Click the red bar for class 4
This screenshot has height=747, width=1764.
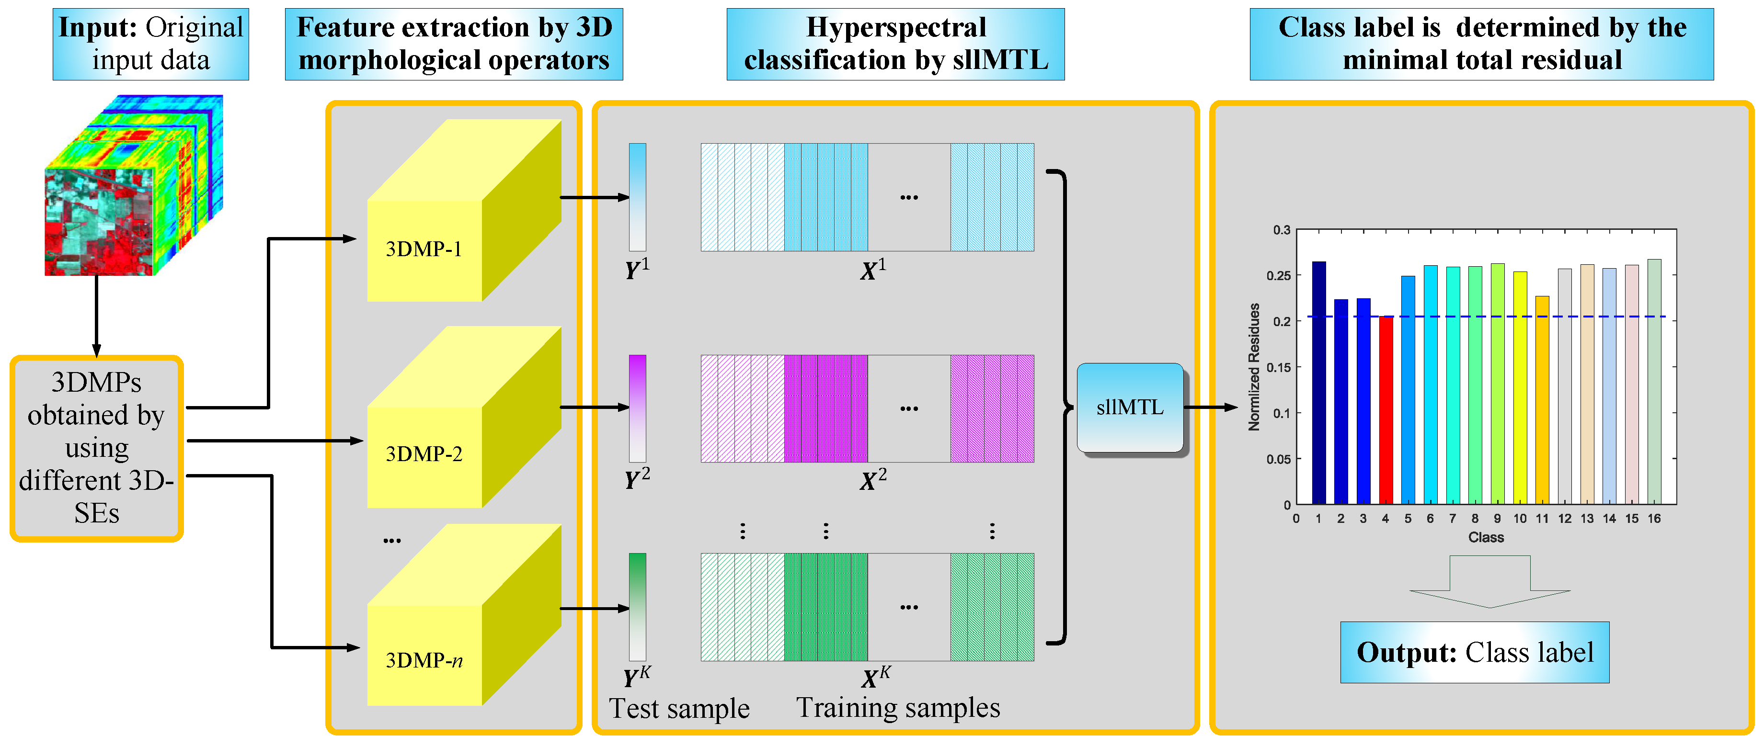click(1386, 411)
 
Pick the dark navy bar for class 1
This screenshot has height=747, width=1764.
click(1318, 384)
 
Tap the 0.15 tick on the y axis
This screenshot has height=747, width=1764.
click(1278, 368)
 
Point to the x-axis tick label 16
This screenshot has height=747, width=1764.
click(1654, 518)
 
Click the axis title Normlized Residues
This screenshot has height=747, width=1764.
click(1254, 367)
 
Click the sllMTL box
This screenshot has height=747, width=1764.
click(1130, 407)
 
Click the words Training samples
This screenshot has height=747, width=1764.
click(898, 707)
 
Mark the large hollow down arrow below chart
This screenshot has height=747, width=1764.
click(1489, 582)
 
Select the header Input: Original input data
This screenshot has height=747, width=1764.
click(150, 44)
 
